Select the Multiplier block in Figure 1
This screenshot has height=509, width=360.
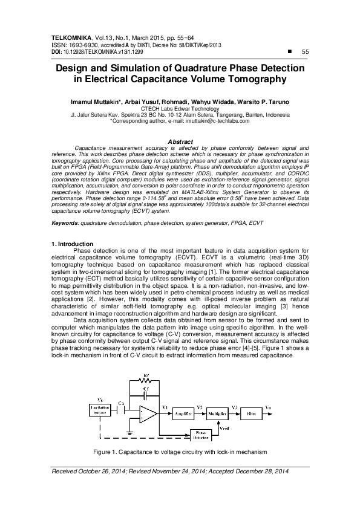click(x=218, y=414)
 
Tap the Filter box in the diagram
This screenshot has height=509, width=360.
click(x=251, y=414)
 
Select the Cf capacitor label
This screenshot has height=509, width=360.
click(x=145, y=390)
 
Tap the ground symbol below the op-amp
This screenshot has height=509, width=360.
click(x=131, y=433)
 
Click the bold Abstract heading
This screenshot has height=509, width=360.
click(x=179, y=141)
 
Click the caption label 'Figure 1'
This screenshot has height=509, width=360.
click(x=106, y=452)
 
